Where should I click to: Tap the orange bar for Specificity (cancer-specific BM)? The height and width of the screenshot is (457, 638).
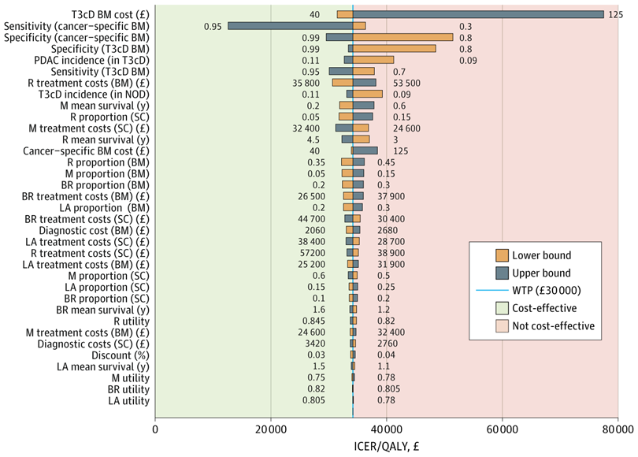[x=402, y=37]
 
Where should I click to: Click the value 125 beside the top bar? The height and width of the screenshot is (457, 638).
[x=617, y=14]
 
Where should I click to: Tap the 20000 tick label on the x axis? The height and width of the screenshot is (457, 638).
[x=271, y=429]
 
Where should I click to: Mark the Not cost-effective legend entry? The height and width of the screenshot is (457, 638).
[x=552, y=325]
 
